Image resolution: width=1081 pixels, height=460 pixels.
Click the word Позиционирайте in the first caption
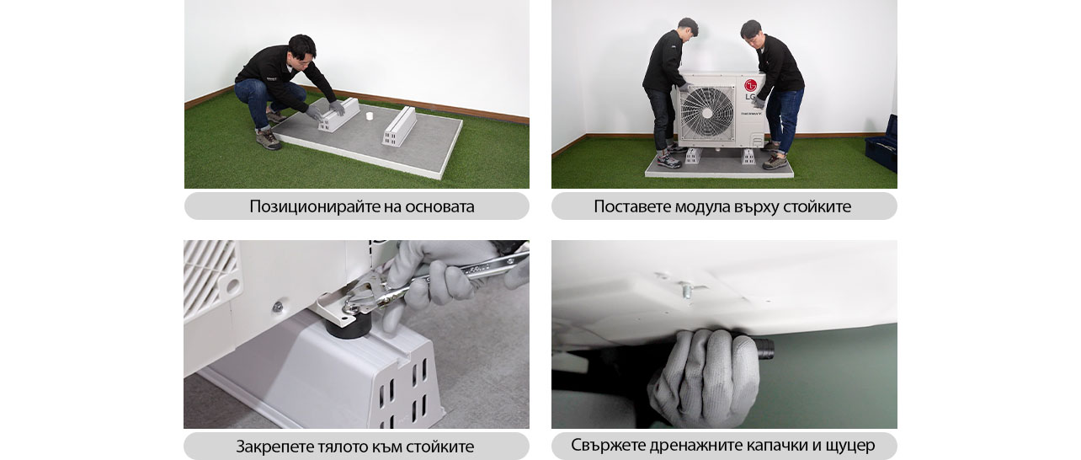click(x=309, y=206)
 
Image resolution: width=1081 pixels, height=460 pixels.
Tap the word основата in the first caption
click(x=439, y=206)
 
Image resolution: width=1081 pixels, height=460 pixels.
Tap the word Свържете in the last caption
click(x=607, y=445)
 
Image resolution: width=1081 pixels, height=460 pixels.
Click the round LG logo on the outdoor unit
click(x=750, y=84)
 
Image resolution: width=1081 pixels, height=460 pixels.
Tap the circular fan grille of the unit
click(x=706, y=113)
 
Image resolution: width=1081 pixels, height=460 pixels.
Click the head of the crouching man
click(x=301, y=47)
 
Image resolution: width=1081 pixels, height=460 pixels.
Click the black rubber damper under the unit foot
click(x=347, y=324)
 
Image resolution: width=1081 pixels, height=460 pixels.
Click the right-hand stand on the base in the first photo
click(x=400, y=126)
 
